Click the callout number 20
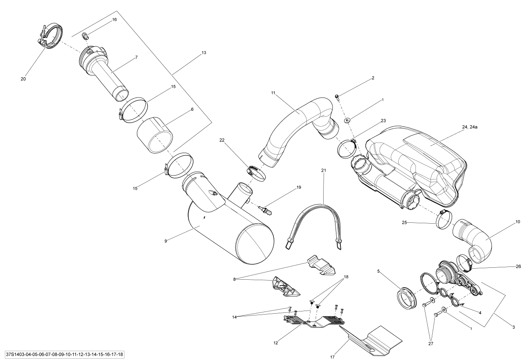click(x=23, y=79)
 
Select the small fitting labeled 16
click(x=85, y=36)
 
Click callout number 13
click(x=204, y=52)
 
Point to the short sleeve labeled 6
click(x=155, y=135)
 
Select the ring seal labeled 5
click(x=407, y=296)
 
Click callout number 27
click(x=430, y=344)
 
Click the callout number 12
click(x=276, y=343)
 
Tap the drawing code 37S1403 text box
click(x=62, y=354)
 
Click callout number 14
click(x=234, y=317)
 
